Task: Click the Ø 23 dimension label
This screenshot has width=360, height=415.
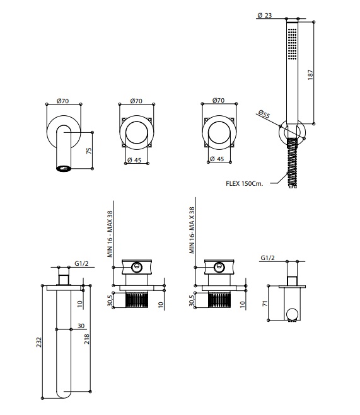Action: [265, 15]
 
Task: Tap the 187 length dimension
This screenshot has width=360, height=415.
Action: [310, 75]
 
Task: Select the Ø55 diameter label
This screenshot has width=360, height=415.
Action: [264, 114]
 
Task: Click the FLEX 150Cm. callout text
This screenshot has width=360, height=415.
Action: [244, 183]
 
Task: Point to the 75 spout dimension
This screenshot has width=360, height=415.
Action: [89, 151]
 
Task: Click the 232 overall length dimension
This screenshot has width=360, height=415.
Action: [39, 342]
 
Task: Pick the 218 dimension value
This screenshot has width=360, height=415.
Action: [87, 339]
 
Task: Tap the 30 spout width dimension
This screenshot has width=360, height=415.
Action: [81, 326]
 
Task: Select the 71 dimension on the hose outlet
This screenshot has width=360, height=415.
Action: [265, 304]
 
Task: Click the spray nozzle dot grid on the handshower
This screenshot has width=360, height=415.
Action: [292, 44]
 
